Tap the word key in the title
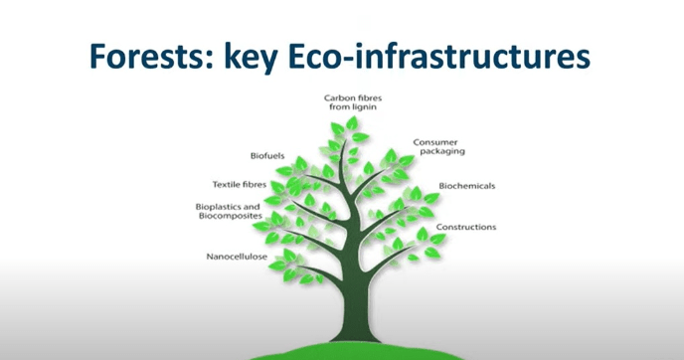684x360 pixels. coord(251,58)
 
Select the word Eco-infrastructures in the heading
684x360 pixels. coord(438,56)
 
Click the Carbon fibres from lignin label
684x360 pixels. coord(353,102)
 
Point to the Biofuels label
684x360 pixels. coord(267,156)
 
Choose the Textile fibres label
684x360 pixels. coord(240,185)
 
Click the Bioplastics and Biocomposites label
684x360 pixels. coord(229,211)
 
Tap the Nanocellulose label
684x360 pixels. coord(237,257)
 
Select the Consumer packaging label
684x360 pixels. coord(438,147)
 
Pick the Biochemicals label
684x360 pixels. coord(466,186)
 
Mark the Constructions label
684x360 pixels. coord(466,227)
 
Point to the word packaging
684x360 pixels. coord(442,151)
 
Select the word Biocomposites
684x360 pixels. coord(231,216)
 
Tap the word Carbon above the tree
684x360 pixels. coord(338,98)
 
